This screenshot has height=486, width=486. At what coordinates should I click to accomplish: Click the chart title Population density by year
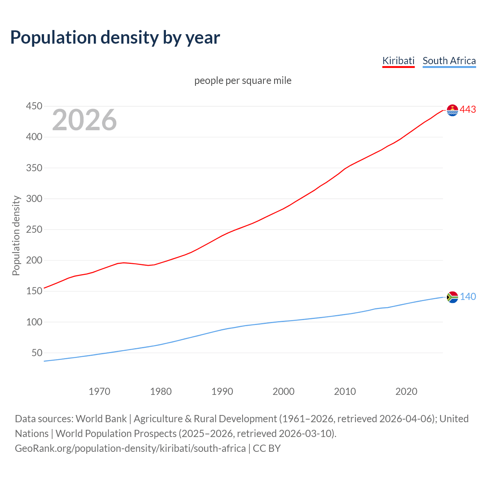(x=115, y=38)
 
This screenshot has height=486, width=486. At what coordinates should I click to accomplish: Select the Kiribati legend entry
(x=398, y=61)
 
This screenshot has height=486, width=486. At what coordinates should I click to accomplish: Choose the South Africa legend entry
(x=449, y=61)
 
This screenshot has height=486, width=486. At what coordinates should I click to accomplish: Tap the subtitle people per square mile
(x=243, y=80)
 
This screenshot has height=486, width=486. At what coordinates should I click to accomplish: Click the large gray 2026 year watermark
(x=84, y=120)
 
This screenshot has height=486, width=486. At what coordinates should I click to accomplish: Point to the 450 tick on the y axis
(x=34, y=106)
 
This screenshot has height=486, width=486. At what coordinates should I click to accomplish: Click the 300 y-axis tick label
(x=34, y=199)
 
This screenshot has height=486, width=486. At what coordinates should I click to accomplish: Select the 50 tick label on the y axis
(x=37, y=353)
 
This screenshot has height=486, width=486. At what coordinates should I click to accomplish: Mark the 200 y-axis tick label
(x=34, y=260)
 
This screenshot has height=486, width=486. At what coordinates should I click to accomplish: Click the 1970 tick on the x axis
(x=99, y=391)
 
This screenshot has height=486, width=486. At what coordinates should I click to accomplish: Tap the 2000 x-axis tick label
(x=283, y=391)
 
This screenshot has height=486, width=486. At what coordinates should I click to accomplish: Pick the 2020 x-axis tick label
(x=406, y=391)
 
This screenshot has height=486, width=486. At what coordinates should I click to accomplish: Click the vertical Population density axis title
(x=16, y=235)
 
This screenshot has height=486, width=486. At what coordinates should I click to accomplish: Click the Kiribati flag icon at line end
(x=452, y=110)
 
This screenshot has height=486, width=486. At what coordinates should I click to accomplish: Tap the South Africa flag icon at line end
(x=452, y=297)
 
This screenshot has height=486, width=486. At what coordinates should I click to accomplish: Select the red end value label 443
(x=468, y=110)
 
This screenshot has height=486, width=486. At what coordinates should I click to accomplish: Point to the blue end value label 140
(x=468, y=297)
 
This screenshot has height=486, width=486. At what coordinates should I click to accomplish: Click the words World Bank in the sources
(x=101, y=419)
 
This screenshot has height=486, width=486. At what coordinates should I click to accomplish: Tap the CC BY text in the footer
(x=267, y=448)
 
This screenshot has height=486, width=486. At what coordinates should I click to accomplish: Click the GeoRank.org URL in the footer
(x=130, y=448)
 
